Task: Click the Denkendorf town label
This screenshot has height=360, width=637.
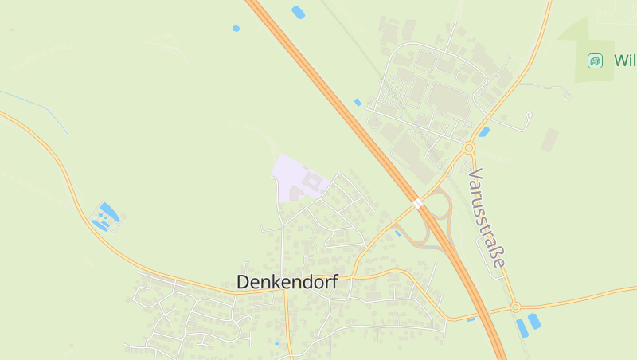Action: point(287,282)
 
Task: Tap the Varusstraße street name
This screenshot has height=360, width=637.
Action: point(487,217)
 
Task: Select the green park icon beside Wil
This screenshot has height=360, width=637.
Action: point(595,61)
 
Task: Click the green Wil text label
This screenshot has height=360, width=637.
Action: point(624,61)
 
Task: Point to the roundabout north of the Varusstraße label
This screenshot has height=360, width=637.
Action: point(468,147)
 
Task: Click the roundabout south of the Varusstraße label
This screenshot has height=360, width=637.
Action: point(515,307)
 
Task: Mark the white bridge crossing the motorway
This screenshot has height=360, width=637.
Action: point(418,204)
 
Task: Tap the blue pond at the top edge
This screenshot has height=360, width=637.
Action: point(298,12)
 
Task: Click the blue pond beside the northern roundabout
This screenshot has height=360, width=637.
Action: point(484,131)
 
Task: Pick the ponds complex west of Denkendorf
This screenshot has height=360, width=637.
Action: point(105,217)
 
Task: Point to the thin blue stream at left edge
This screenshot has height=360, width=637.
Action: point(36,108)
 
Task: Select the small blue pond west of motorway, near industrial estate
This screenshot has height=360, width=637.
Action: point(358,102)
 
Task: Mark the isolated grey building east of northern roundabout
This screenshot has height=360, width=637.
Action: point(549,140)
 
